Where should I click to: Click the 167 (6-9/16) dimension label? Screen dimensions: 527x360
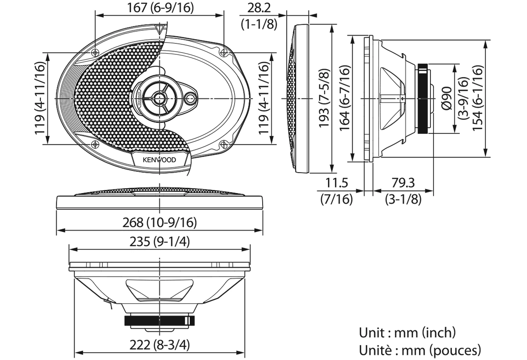160,8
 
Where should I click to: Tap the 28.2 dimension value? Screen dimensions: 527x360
259,8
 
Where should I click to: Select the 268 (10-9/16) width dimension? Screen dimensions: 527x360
159,222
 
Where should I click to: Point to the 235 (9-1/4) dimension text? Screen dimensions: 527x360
159,241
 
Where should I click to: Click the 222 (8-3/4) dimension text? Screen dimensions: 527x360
159,345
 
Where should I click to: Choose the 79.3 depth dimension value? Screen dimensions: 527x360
403,183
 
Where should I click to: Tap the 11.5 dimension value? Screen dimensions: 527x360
336,183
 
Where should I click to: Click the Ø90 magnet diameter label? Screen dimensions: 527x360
447,98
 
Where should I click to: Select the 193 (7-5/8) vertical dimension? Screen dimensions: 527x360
324,98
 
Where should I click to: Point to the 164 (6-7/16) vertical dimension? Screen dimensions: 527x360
345,98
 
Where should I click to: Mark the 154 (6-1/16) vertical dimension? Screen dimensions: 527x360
478,98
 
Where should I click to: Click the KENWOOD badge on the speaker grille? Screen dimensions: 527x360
159,160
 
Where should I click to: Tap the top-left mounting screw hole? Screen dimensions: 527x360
95,53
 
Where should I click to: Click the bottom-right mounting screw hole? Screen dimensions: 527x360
224,144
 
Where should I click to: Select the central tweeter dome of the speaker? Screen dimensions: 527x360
159,98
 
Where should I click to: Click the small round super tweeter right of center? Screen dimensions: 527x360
190,98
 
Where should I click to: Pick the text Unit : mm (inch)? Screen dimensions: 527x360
407,333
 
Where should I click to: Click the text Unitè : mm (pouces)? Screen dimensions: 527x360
420,350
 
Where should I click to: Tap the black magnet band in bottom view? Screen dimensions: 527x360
159,321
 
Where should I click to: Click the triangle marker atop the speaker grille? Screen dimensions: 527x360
160,29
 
